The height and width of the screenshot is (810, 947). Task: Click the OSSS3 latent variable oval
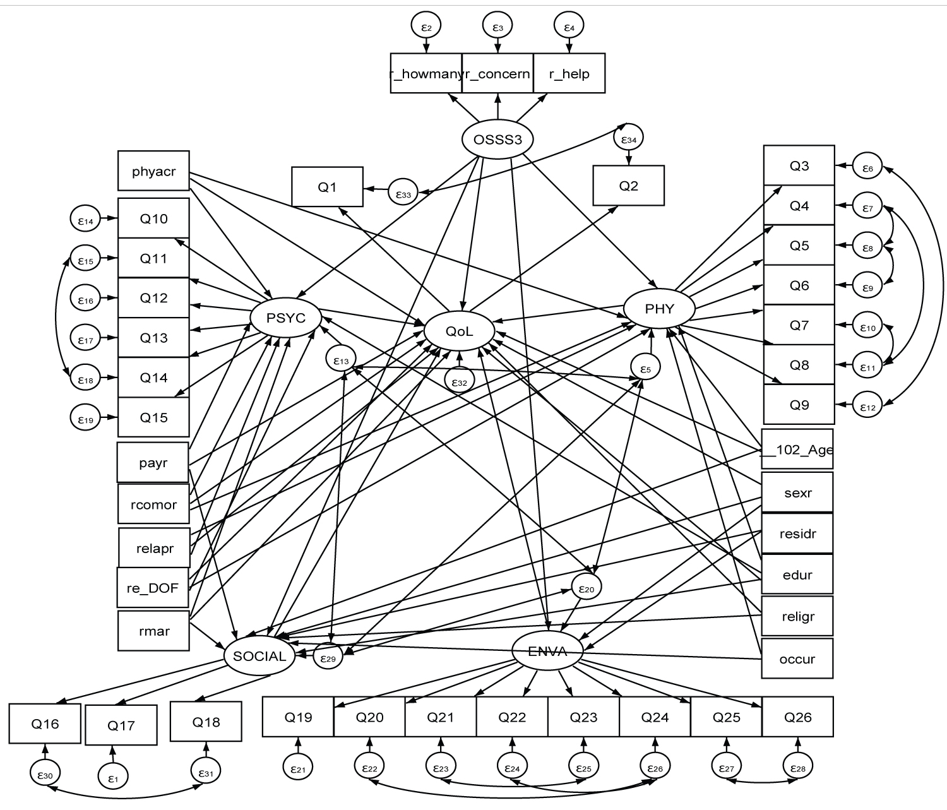[497, 139]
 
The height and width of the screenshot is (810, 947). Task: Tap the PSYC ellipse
[285, 318]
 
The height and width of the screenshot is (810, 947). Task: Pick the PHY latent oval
[659, 309]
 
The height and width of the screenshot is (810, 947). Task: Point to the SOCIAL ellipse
[259, 656]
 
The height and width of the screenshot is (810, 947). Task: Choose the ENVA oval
[547, 652]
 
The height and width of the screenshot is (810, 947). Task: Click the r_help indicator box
[569, 73]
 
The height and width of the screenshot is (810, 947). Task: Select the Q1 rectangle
[327, 186]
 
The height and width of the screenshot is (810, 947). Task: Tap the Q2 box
[628, 186]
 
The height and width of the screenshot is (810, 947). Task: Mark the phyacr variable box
[153, 170]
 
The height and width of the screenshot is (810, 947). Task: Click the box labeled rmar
[153, 630]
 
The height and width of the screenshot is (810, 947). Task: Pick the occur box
[797, 658]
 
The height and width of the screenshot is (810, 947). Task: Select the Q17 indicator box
[121, 725]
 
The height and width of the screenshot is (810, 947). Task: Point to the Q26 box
[797, 717]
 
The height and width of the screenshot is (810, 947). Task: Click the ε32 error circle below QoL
[459, 381]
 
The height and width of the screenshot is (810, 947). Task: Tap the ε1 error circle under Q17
[113, 779]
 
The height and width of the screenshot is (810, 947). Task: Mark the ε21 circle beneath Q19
[298, 769]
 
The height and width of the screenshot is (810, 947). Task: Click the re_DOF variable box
[153, 588]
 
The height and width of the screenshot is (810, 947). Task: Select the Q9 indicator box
[799, 404]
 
